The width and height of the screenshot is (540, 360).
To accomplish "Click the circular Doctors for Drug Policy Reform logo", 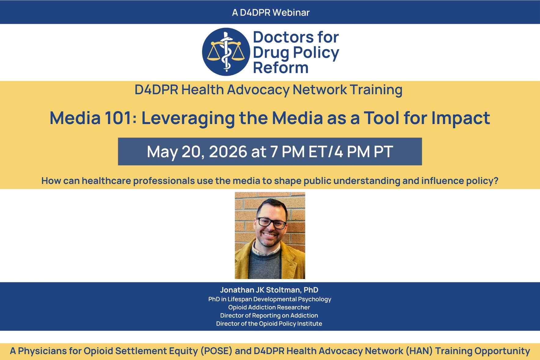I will [226, 52].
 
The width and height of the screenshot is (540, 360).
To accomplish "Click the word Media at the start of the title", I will [75, 118].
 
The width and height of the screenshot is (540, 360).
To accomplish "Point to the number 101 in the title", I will [118, 118].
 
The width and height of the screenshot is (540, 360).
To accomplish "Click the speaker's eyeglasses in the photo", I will [271, 223].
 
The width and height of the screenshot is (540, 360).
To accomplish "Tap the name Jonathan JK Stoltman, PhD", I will [269, 290].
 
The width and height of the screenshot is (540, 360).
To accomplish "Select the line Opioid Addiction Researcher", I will [269, 307].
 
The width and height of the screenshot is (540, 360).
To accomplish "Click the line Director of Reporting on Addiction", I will [269, 315].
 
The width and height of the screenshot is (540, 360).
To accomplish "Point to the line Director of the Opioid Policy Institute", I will [269, 324].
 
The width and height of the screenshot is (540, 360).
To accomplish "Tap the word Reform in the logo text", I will [281, 68].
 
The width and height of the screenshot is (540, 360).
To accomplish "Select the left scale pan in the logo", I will [214, 55].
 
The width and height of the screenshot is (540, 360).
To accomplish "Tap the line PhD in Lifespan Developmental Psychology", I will [270, 299].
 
